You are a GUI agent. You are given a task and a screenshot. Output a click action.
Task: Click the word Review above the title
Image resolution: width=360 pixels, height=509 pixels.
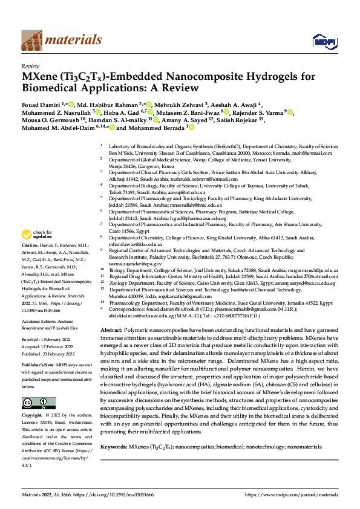pos(30,66)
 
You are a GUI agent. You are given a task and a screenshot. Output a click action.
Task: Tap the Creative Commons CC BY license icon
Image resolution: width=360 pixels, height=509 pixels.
pos(36,403)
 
